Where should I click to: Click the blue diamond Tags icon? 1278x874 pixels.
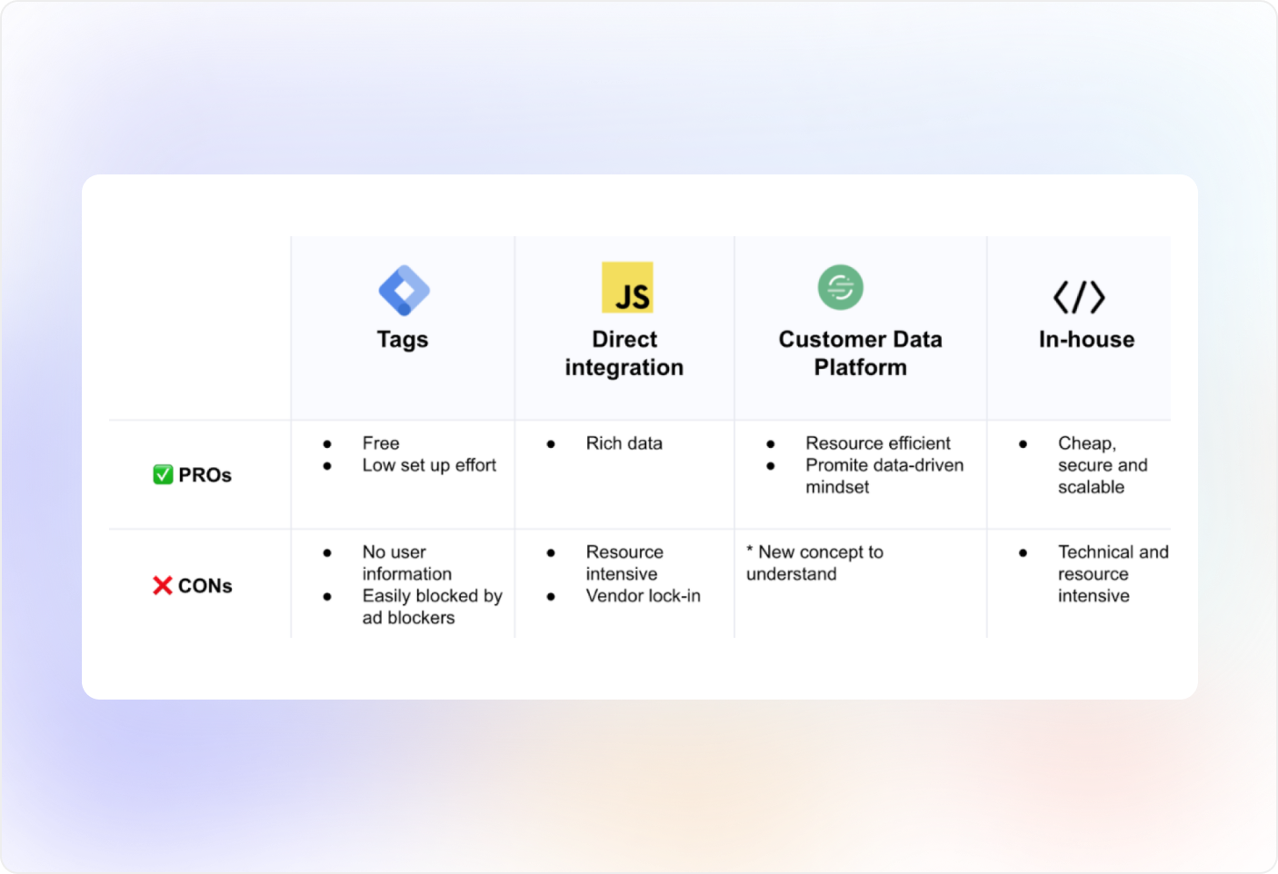(404, 290)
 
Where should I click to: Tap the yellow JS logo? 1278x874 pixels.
(627, 287)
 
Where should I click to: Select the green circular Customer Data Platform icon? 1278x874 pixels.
(841, 287)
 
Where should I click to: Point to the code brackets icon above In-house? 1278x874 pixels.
(1079, 297)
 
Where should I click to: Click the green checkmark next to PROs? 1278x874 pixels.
(163, 474)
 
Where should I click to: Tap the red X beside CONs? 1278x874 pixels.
(163, 585)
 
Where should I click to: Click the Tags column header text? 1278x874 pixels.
(403, 340)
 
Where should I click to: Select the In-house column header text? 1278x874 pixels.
(1086, 339)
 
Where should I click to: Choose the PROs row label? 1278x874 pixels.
(205, 475)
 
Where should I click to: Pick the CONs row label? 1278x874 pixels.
(205, 585)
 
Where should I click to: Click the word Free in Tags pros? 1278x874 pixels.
(381, 443)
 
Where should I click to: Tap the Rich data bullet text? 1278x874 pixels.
(624, 443)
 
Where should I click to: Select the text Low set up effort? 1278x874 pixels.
(429, 465)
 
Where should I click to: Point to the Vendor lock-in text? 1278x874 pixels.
(643, 596)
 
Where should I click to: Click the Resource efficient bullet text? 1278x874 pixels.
(878, 443)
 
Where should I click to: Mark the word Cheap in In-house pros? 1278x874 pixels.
(1086, 443)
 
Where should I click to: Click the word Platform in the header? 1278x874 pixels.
(861, 367)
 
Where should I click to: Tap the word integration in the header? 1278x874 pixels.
(624, 368)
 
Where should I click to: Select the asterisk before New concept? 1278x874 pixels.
(750, 549)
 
